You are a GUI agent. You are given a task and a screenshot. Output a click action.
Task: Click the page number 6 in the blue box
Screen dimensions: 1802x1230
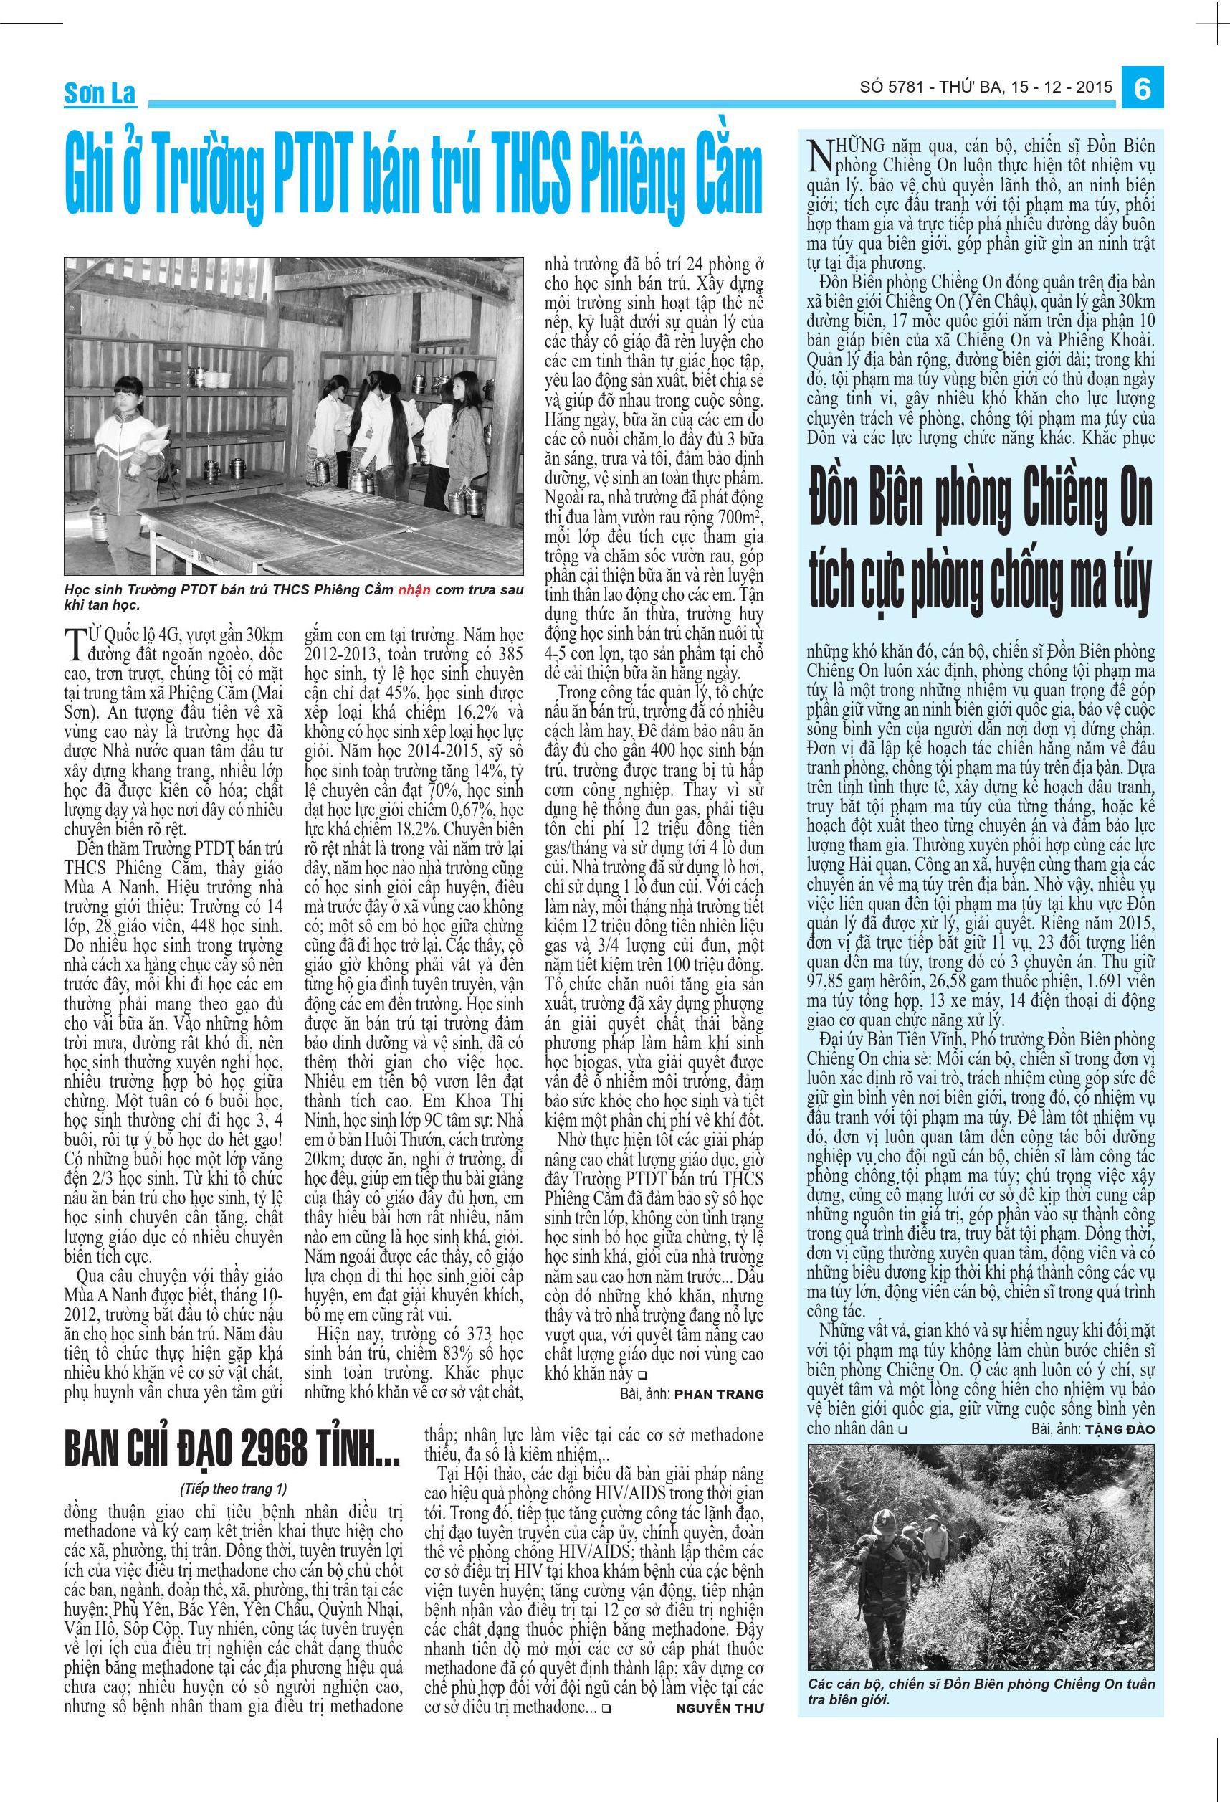click(x=1142, y=89)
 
